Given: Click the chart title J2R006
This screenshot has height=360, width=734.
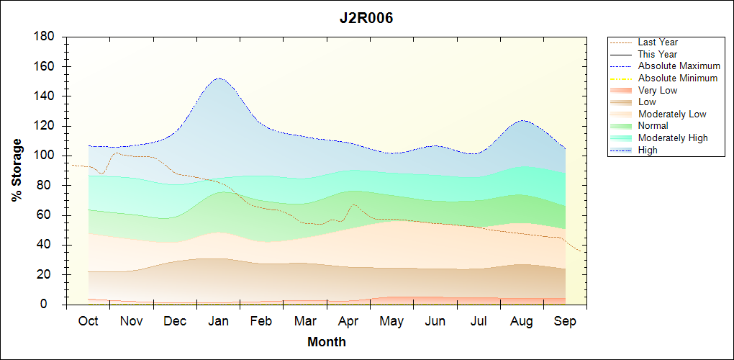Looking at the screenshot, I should tap(366, 19).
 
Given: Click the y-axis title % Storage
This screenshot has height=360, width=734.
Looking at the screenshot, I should tap(17, 174).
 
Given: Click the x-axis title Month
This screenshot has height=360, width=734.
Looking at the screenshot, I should tap(327, 342).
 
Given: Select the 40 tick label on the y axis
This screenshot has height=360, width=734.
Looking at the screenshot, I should tap(49, 245).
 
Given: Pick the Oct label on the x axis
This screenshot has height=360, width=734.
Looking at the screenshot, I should tap(88, 321).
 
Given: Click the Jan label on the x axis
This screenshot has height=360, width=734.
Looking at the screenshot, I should tap(218, 321).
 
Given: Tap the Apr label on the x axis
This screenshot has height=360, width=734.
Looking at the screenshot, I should tap(348, 321).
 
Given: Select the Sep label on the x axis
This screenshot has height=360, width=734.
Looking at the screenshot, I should tap(565, 321).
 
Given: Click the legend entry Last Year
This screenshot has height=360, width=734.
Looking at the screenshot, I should tap(658, 42).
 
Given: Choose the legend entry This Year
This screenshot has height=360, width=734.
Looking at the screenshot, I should tap(658, 54).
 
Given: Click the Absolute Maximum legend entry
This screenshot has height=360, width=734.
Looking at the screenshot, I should tap(679, 66).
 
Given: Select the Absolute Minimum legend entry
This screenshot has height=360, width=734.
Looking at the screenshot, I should tap(678, 78).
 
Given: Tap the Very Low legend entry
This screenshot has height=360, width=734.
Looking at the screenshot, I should tap(658, 90).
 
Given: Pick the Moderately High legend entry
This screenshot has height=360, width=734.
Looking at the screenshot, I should tap(673, 138).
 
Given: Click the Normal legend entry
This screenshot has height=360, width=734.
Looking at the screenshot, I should tap(653, 126).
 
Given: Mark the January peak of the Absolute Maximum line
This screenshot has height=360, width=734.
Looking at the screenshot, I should tap(218, 78).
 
